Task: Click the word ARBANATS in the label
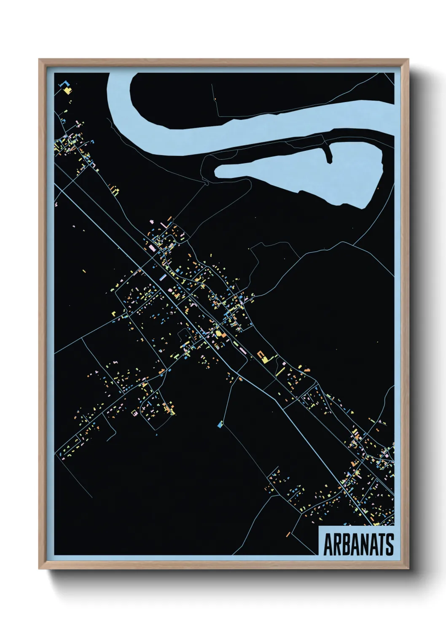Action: coord(358,544)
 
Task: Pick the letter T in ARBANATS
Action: coord(383,544)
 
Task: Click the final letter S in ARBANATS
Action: coord(390,544)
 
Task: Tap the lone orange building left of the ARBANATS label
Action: coord(288,535)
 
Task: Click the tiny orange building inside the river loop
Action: coord(215,100)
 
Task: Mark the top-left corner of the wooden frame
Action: coord(39,59)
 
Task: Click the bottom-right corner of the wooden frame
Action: coord(409,569)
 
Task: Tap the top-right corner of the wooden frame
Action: coord(409,59)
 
